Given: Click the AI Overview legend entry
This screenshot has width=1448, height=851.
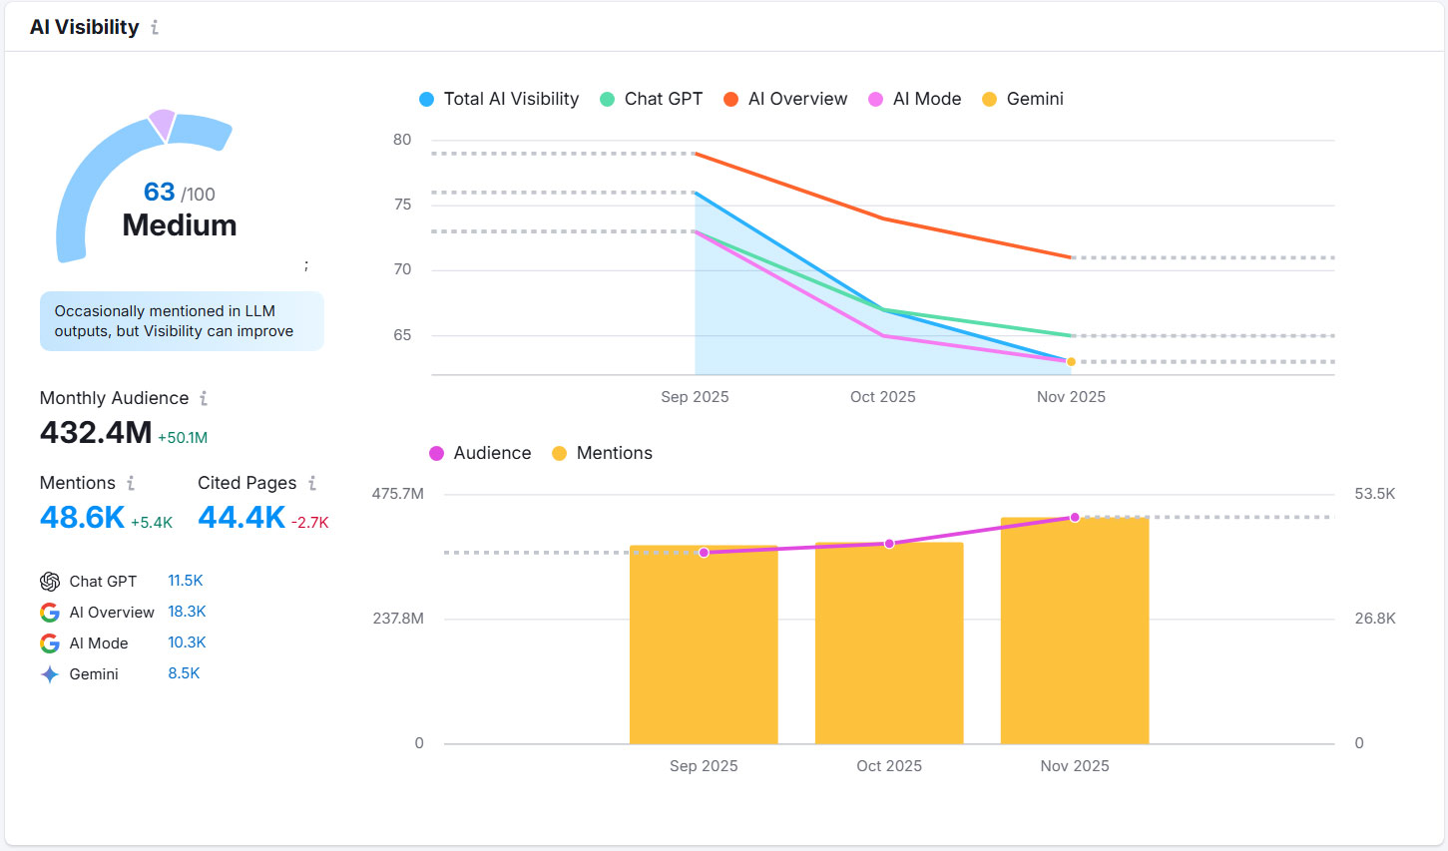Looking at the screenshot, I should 786,99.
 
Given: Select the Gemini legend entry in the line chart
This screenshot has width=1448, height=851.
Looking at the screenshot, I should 1024,99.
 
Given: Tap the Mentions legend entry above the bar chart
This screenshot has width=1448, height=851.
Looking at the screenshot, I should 602,453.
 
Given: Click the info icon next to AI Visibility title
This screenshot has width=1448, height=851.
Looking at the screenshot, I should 155,28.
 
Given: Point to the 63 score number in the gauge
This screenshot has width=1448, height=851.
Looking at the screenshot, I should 160,192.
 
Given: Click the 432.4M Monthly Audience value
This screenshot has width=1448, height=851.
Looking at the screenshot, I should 96,433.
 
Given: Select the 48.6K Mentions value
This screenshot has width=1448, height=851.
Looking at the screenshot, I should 82,518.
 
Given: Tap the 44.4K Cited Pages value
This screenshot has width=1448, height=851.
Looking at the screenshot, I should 241,518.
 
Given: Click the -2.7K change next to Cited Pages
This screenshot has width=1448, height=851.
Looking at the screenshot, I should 309,523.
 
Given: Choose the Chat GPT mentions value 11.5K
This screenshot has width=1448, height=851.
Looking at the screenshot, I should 186,581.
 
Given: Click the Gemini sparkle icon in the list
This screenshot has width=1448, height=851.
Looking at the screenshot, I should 50,674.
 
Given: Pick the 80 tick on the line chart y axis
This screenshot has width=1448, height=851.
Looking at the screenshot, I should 402,140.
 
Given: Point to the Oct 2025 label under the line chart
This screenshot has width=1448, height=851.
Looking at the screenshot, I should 882,397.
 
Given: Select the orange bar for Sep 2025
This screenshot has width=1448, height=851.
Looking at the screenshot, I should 704,648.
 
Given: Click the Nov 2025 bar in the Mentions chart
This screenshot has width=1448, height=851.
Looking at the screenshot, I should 1075,638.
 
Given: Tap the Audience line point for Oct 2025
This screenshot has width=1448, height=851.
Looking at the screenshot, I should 889,544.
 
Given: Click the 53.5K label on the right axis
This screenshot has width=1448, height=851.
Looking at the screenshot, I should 1374,494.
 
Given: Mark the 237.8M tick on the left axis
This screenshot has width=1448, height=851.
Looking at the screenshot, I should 398,619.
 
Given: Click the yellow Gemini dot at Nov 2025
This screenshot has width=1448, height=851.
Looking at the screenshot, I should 1071,362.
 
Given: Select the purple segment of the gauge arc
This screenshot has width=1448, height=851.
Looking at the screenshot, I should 162,124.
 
